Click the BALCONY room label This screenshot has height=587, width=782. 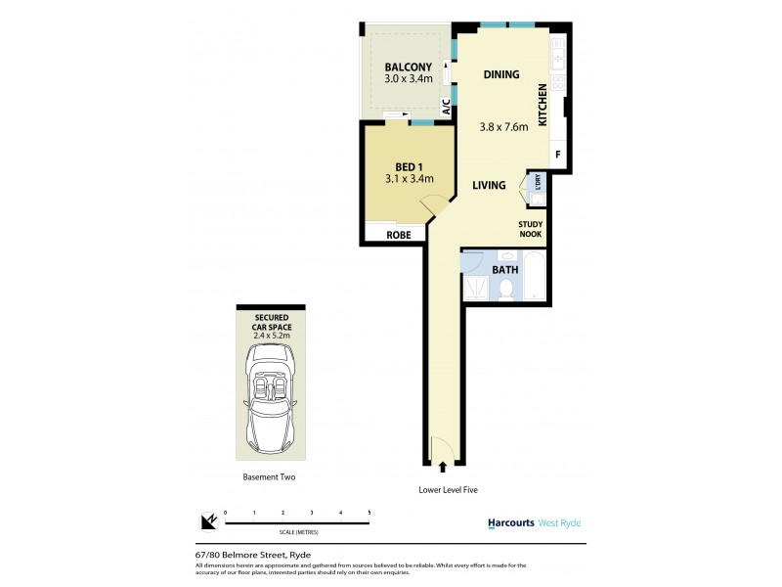[408, 68]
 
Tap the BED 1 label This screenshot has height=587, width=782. [408, 165]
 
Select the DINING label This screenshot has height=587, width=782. [500, 74]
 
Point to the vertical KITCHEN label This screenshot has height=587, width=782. [543, 102]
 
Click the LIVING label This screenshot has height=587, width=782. [489, 185]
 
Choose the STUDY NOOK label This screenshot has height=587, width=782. [531, 229]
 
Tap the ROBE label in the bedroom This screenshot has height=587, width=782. [398, 236]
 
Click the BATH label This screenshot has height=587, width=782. [504, 268]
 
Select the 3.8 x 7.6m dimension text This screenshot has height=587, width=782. [503, 126]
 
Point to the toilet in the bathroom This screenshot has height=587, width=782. [506, 288]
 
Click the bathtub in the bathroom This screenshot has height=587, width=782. [535, 277]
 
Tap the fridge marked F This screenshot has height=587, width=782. [558, 155]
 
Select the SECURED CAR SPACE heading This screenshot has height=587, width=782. [271, 323]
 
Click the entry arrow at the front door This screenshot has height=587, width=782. [444, 469]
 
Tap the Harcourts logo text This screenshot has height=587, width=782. [510, 523]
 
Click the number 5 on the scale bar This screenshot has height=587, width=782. [369, 513]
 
